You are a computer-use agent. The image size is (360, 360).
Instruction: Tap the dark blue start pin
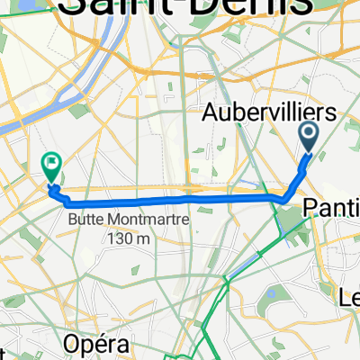308,136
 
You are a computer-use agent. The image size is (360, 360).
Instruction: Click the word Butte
85,219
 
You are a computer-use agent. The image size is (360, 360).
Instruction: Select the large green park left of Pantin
295,229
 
